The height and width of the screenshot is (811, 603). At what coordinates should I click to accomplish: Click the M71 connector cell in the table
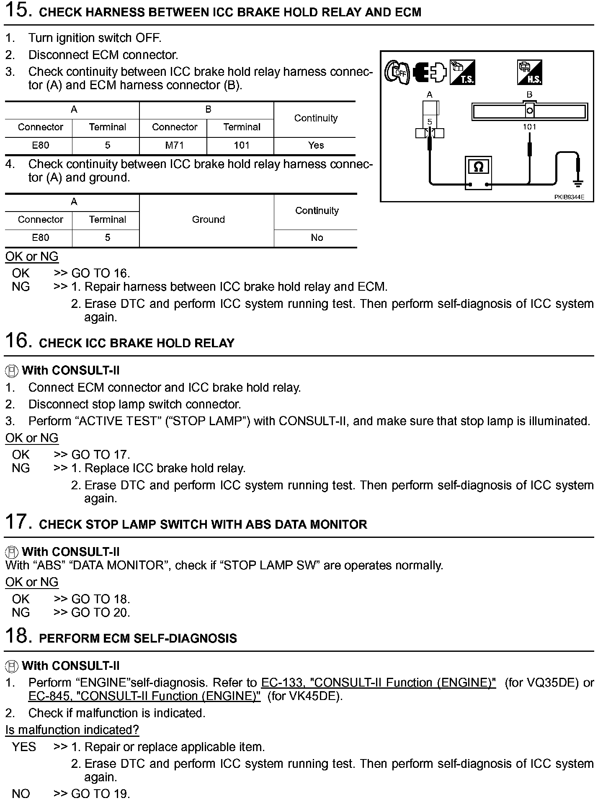tap(175, 145)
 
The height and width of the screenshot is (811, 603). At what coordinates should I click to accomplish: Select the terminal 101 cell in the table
tap(242, 145)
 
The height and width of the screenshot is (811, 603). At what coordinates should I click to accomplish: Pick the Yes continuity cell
tap(316, 145)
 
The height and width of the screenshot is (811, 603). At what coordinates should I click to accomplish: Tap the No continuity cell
tap(317, 238)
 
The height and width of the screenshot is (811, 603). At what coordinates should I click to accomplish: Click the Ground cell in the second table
tap(208, 220)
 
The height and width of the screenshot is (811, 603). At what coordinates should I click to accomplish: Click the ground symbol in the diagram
tap(578, 183)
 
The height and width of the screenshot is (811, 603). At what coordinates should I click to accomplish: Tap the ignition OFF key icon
tap(397, 73)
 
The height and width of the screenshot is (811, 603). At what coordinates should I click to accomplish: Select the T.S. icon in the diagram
tap(462, 72)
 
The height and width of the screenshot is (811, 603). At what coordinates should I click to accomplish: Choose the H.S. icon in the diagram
tap(530, 72)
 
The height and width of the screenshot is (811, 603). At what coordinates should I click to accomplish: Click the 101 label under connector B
tap(530, 127)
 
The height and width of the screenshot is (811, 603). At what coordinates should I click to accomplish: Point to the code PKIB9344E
tap(569, 197)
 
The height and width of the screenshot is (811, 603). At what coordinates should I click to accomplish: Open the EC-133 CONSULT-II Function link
tap(378, 682)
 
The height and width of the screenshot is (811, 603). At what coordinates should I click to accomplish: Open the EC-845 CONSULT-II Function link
tap(144, 696)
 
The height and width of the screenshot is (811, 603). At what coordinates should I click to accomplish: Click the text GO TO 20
tap(100, 612)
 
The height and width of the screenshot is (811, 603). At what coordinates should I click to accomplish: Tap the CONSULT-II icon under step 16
tap(12, 371)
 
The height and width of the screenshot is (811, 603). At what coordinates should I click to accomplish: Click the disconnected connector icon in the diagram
tap(430, 72)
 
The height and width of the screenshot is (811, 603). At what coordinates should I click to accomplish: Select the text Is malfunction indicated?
tap(72, 730)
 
